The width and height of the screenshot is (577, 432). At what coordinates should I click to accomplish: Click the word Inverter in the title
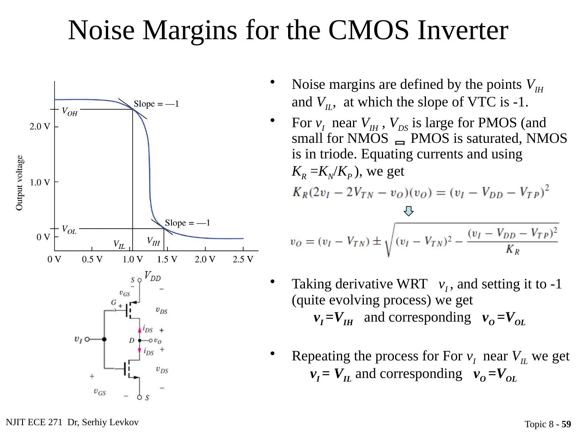pos(463,30)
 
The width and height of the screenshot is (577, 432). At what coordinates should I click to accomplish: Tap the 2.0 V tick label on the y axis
pos(40,127)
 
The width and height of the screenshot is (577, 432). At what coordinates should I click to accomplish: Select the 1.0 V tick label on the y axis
pos(40,182)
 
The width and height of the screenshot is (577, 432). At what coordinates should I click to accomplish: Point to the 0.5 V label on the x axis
pos(92,259)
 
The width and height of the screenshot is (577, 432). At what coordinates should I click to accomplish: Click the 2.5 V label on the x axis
pos(243,259)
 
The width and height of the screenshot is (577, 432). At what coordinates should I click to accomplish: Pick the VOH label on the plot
pos(69,112)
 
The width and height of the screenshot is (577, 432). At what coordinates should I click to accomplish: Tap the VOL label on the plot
pos(69,230)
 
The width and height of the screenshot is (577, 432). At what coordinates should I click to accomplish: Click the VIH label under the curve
pos(153,241)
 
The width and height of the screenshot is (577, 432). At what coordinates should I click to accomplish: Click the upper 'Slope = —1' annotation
pos(156,104)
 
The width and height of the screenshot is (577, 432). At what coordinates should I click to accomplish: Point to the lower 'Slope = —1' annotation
pos(188,223)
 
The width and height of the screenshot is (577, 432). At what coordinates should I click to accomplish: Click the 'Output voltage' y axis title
pos(20,182)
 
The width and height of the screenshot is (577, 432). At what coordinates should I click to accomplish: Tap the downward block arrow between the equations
pos(408,211)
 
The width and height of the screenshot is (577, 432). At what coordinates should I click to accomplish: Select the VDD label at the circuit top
pos(153,276)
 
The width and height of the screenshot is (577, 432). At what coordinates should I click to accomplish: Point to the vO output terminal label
pos(158,341)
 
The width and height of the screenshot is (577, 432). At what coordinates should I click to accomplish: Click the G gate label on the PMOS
pos(114,303)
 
